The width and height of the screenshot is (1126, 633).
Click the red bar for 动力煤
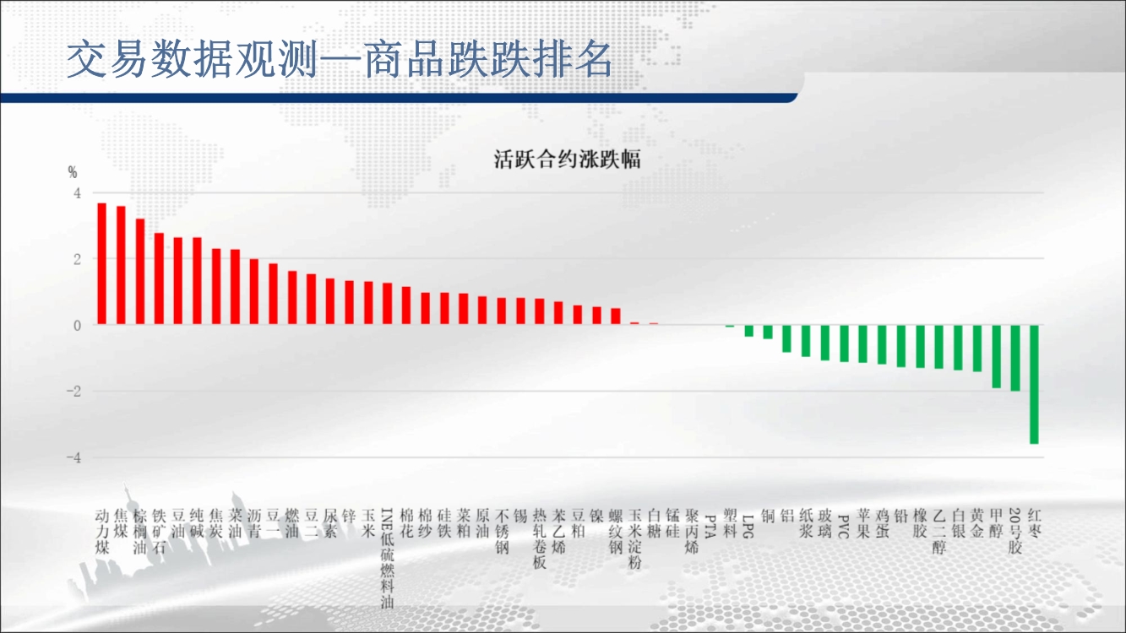coord(101,263)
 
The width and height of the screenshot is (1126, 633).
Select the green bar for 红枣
coord(1034,384)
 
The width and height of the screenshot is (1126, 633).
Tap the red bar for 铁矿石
coord(159,279)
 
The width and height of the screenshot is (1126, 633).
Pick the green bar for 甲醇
coord(996,357)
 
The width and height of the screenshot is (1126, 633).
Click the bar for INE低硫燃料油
coord(387,304)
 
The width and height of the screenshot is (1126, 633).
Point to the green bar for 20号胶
coord(1014,358)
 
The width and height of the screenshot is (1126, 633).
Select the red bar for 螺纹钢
coord(616,316)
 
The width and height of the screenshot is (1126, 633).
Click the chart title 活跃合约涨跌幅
coord(567,160)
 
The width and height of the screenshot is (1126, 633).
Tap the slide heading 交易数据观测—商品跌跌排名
coord(340,60)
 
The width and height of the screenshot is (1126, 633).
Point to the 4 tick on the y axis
coord(77,193)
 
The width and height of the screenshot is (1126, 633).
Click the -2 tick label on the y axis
coord(73,392)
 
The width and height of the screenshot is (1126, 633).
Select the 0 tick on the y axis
coord(77,326)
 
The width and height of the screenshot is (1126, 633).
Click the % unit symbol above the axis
coord(73,173)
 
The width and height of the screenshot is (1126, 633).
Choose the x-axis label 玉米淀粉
coord(635,539)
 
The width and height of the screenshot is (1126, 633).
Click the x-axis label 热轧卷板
coord(540,539)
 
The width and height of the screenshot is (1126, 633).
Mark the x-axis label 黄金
coord(977,523)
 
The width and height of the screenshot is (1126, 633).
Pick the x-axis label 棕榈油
coord(139,532)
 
